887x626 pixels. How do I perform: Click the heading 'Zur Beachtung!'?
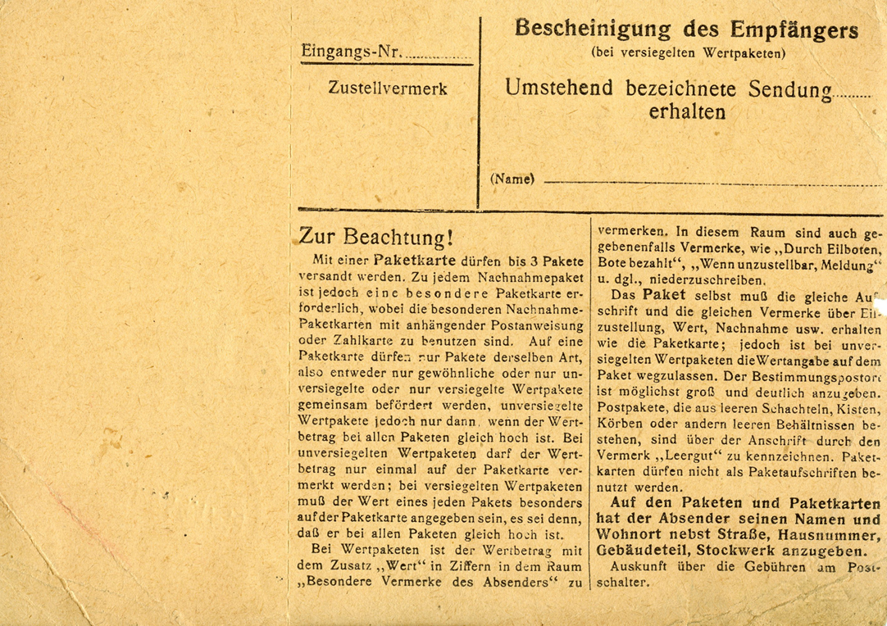(375, 237)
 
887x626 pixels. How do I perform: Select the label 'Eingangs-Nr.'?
(352, 52)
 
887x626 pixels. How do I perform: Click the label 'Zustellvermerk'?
(388, 88)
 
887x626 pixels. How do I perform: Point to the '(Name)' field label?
(512, 179)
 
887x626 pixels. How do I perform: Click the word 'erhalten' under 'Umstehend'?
(687, 112)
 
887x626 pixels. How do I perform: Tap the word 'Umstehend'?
(560, 88)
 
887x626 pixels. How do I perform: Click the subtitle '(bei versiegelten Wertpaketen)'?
(687, 53)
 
